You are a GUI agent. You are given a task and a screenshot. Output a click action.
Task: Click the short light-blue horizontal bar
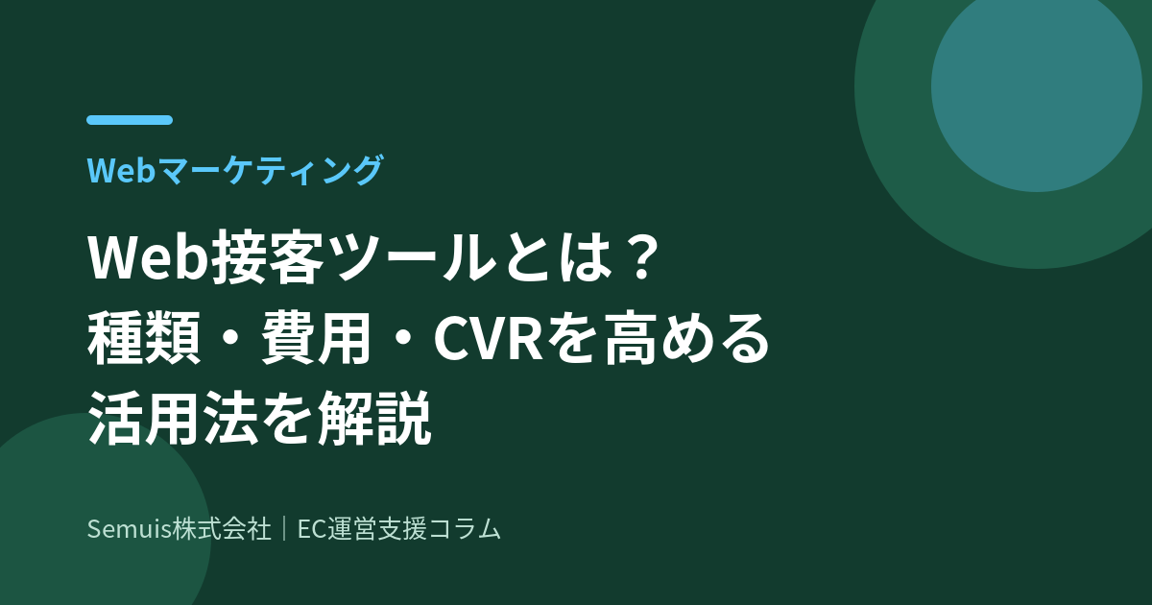click(x=130, y=120)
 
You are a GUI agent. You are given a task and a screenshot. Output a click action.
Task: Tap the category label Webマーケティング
click(x=235, y=170)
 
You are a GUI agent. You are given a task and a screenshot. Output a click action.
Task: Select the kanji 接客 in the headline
click(x=267, y=257)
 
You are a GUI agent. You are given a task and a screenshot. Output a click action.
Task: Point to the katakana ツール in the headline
click(x=409, y=257)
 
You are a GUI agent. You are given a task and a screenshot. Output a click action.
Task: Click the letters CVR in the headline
click(x=489, y=340)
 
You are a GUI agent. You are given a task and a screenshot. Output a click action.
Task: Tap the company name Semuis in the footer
click(x=129, y=529)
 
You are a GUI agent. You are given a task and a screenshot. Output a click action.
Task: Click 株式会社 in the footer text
click(x=221, y=529)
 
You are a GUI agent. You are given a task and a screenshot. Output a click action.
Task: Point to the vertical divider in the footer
click(x=284, y=529)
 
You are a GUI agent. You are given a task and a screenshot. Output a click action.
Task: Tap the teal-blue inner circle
click(x=1036, y=86)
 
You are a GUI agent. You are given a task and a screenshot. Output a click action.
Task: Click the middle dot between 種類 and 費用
click(x=230, y=340)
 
